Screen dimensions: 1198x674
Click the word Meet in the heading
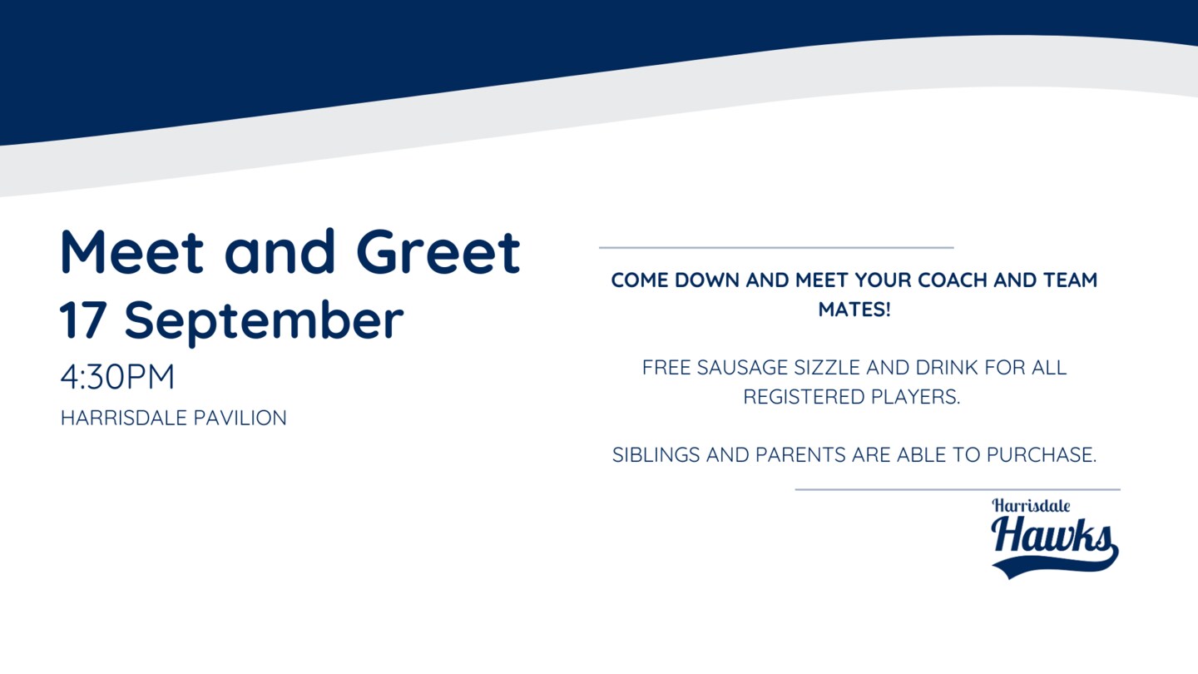click(131, 251)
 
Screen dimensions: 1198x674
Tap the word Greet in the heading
click(438, 251)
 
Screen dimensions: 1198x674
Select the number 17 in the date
click(83, 320)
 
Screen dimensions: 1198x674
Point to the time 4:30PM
click(117, 377)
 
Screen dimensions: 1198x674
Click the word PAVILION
click(240, 418)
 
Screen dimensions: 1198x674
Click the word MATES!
click(854, 310)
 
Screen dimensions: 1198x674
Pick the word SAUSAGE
click(742, 368)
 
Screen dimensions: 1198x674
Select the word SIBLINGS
click(656, 455)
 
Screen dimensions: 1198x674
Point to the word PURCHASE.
click(1042, 455)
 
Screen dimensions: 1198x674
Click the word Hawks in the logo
click(1052, 536)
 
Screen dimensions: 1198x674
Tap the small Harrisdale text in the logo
click(1031, 506)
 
